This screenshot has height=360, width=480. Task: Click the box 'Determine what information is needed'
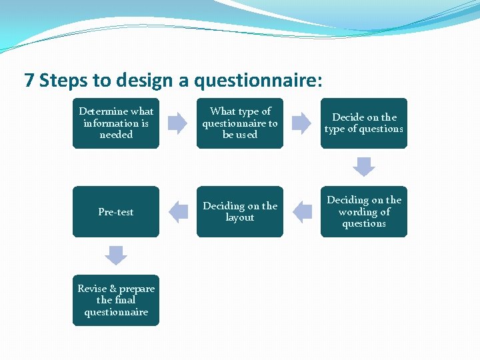click(x=116, y=123)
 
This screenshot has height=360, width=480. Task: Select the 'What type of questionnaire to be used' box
click(x=240, y=123)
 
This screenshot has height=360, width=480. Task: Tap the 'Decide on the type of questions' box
click(x=363, y=123)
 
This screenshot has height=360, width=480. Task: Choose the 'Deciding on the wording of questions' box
click(x=363, y=212)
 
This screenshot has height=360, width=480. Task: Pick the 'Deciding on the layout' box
click(x=240, y=212)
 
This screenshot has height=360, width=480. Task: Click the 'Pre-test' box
click(x=116, y=212)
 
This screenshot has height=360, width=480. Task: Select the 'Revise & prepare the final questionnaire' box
click(x=116, y=301)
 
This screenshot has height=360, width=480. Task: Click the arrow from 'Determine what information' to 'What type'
click(x=178, y=123)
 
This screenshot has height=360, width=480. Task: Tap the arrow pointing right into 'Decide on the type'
click(x=302, y=123)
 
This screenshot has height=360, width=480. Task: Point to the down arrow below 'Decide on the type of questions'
click(x=364, y=167)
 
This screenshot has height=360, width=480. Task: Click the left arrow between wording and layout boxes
click(x=302, y=212)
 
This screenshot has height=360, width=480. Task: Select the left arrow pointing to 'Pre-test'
click(x=178, y=212)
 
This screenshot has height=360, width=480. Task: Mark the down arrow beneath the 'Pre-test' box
click(x=116, y=255)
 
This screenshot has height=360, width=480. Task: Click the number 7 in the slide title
click(x=29, y=81)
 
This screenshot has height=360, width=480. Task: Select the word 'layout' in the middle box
click(x=240, y=218)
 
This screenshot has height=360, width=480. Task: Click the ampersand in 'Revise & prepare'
click(x=113, y=289)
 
